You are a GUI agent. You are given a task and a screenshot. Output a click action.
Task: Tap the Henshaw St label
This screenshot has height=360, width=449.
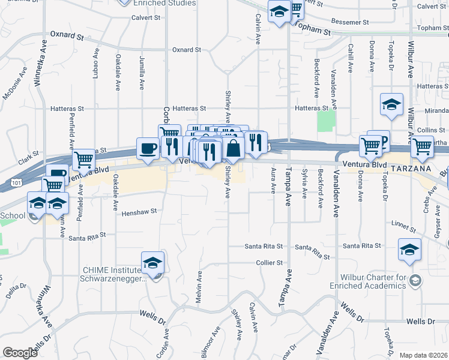click(x=139, y=212)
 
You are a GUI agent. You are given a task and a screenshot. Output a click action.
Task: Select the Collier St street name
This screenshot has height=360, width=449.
click(x=268, y=263)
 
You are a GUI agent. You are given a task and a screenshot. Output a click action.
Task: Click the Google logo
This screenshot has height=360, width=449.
click(x=20, y=353)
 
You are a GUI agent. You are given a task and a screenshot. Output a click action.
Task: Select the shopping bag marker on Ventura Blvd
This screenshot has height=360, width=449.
click(x=233, y=147)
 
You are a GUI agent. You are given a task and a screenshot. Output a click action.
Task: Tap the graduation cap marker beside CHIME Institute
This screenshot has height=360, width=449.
click(x=152, y=262)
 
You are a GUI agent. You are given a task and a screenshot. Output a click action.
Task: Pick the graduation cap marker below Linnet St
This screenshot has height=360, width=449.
click(x=409, y=250)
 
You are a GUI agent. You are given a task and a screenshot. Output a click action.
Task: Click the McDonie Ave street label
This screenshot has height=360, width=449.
click(x=16, y=82)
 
